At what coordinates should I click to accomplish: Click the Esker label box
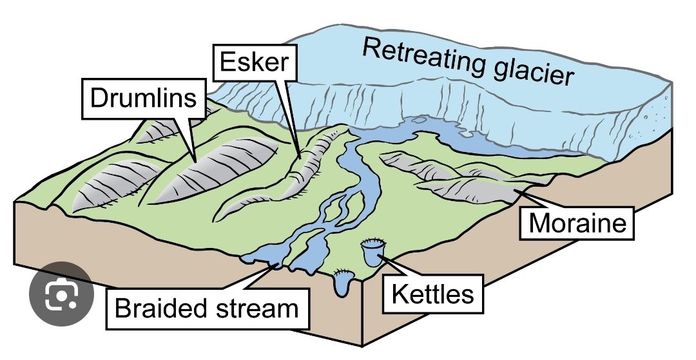(x=255, y=62)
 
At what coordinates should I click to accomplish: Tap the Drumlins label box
(x=144, y=99)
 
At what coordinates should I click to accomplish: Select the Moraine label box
(x=577, y=223)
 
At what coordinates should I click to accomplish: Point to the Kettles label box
(x=432, y=294)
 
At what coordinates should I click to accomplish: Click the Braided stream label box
(x=207, y=308)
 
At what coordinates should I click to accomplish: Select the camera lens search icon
(x=61, y=294)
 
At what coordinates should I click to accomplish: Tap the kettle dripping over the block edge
(x=343, y=283)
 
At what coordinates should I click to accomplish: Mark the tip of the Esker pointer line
(x=300, y=158)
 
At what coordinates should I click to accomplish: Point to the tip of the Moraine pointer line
(x=515, y=189)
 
